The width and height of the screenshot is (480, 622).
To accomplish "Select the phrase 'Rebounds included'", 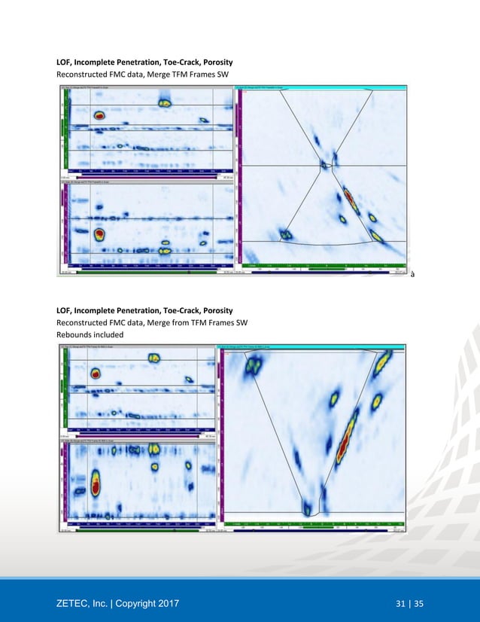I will pos(89,334).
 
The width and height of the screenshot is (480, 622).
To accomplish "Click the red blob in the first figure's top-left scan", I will pos(99,115).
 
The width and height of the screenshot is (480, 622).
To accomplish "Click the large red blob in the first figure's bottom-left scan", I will pos(99,235).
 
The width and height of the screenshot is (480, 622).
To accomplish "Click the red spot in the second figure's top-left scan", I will pos(96,374).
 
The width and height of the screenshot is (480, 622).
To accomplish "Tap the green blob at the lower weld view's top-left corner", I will pos(252,364).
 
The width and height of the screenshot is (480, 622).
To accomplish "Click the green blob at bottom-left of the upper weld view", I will pos(286,235).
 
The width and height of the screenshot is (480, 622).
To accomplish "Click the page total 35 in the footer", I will pos(418,602).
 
